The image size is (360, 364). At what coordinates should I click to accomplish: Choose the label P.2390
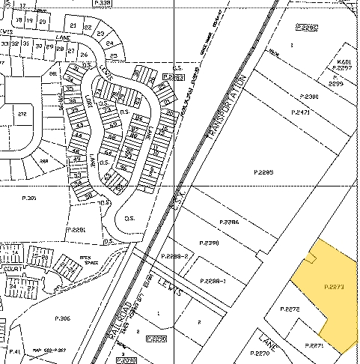click(209, 243)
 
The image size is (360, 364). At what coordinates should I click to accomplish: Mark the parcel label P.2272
click(289, 309)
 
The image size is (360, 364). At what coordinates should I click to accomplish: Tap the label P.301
click(30, 198)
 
